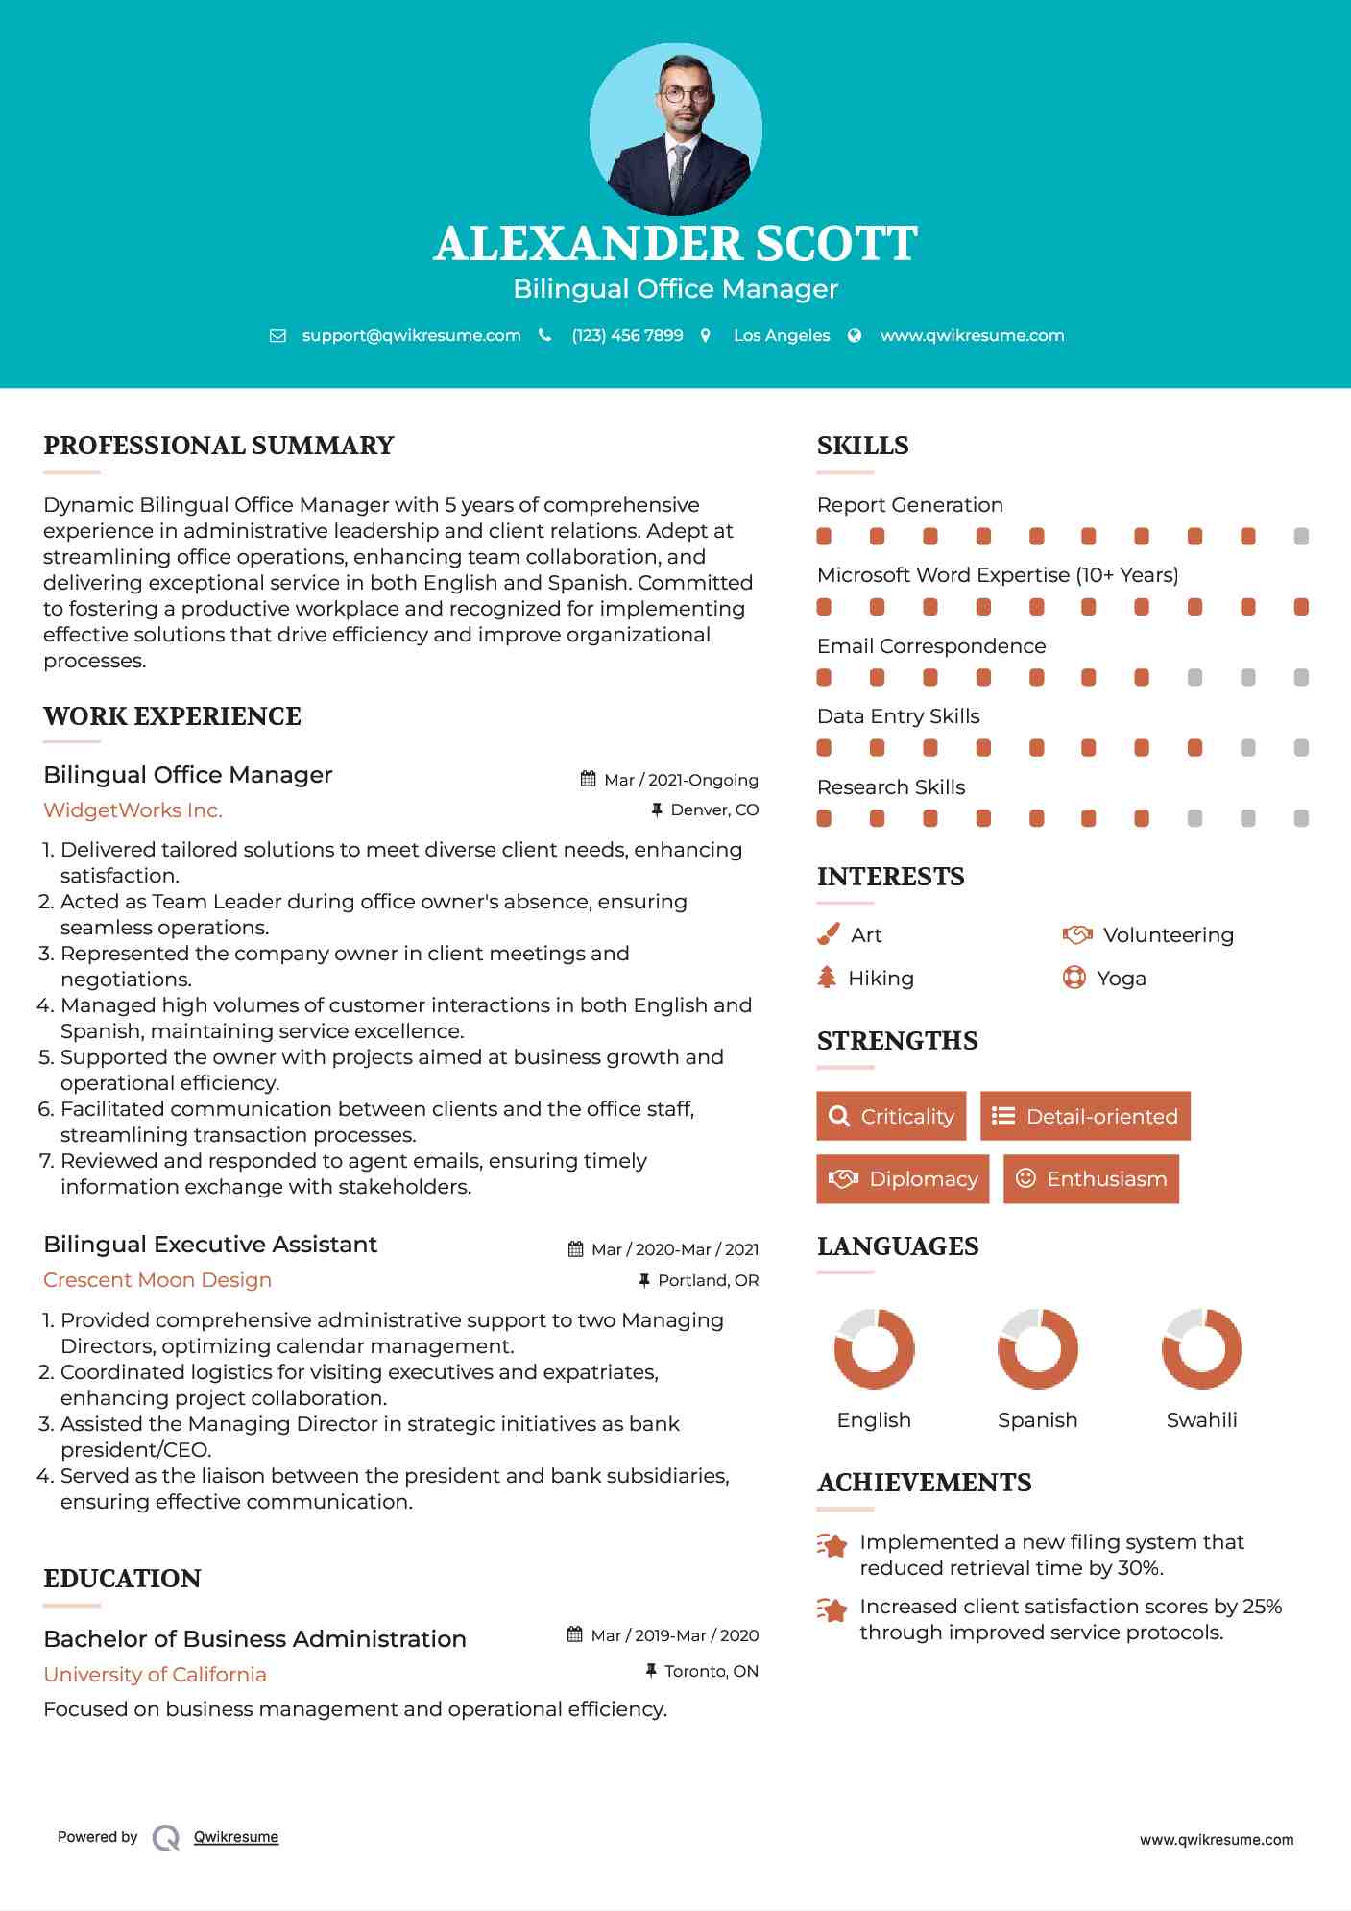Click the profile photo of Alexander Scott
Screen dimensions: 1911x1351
(675, 129)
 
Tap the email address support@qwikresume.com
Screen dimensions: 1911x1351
(411, 335)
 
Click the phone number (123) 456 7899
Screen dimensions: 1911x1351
(627, 335)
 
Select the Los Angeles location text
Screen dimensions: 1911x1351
(782, 335)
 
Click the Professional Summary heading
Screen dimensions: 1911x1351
(219, 446)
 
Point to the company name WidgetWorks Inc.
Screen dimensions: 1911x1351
(133, 810)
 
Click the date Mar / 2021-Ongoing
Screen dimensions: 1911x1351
(681, 780)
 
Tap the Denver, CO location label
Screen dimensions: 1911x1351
(714, 810)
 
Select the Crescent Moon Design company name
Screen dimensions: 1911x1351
(157, 1279)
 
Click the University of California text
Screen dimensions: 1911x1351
(155, 1674)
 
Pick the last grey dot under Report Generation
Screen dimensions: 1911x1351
(1301, 536)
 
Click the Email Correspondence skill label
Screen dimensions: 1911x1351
(931, 645)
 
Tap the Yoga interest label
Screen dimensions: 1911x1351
(1122, 978)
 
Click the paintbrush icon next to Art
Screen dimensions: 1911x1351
(828, 934)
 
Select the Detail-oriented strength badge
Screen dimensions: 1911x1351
(1085, 1116)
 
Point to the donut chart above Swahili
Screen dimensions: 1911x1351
(1201, 1348)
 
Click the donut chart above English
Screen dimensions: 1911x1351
(874, 1348)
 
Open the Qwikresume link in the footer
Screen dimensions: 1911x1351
(236, 1836)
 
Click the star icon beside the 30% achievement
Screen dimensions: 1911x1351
(832, 1545)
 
